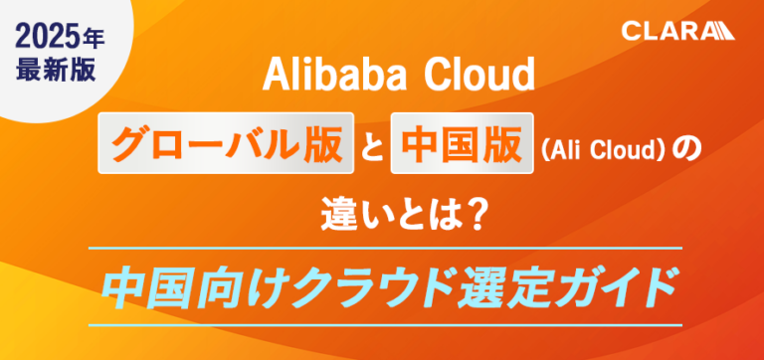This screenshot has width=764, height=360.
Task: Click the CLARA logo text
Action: (x=665, y=31)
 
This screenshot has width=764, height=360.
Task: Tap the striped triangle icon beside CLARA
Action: (x=721, y=31)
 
